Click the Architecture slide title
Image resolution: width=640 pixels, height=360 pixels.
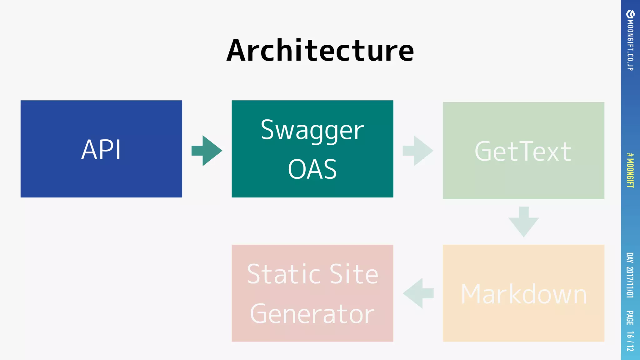320,51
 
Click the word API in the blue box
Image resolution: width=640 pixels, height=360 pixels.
101,150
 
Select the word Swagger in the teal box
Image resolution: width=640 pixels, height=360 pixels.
312,130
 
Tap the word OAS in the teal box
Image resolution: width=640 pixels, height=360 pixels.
312,169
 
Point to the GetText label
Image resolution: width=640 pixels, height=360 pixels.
523,152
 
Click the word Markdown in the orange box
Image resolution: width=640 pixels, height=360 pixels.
523,294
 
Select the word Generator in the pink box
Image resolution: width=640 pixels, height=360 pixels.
312,314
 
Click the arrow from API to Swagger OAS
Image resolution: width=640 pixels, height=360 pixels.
207,151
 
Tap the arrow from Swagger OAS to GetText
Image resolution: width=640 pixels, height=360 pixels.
418,151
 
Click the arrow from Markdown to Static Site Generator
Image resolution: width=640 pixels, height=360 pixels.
418,293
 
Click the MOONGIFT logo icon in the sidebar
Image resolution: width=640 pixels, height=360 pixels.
630,14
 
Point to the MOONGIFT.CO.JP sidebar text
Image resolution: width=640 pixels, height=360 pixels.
630,46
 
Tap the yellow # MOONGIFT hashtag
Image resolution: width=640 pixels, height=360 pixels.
630,170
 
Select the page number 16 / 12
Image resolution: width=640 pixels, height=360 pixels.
630,341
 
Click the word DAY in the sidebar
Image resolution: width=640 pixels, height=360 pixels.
630,258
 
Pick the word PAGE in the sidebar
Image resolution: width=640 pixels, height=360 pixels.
630,318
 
